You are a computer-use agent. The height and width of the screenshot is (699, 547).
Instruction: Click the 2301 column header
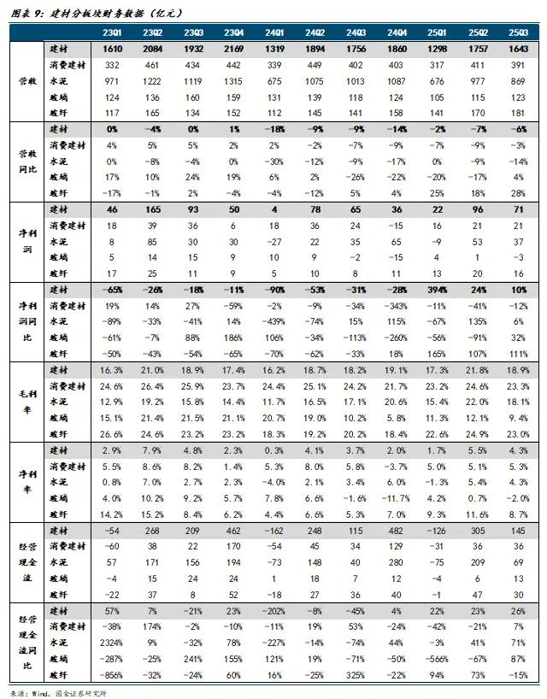coord(111,33)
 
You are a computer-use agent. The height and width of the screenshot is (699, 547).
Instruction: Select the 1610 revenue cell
coord(111,49)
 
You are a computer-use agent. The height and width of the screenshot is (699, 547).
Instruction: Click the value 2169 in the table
coord(233,49)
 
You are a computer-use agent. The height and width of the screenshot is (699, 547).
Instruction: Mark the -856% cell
coord(111,674)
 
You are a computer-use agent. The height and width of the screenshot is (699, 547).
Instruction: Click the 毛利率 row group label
coord(25,401)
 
